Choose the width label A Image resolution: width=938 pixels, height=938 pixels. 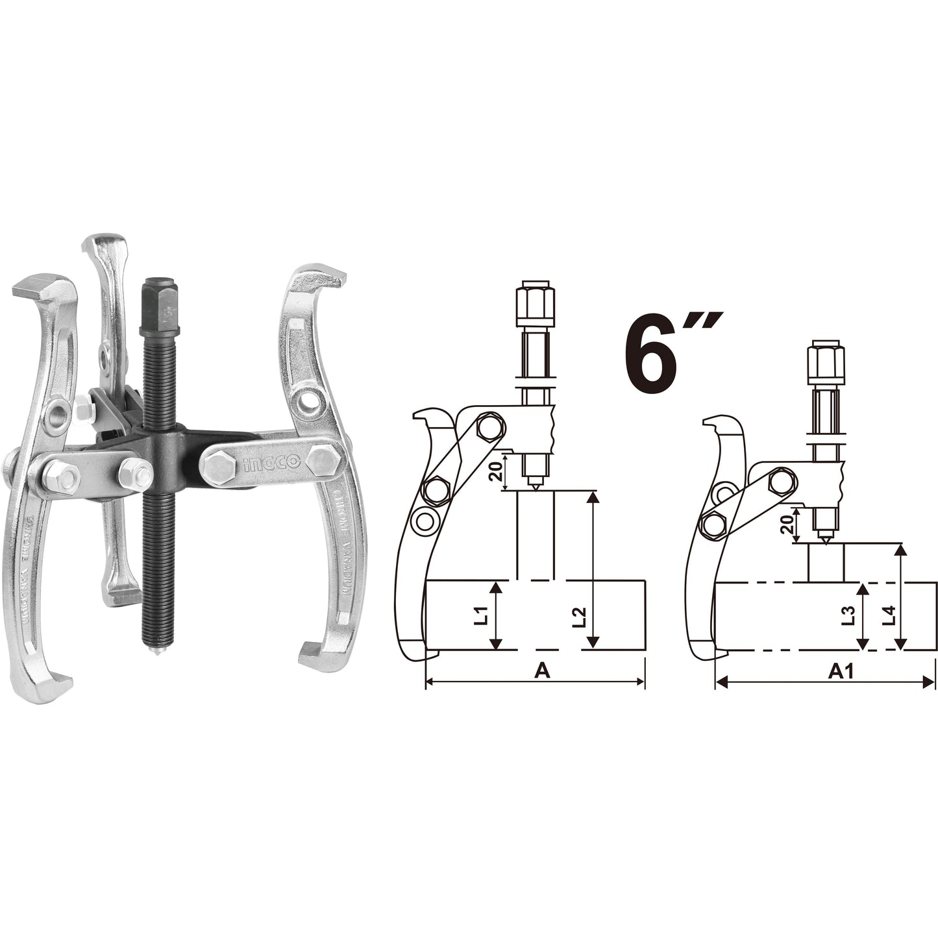[x=542, y=671]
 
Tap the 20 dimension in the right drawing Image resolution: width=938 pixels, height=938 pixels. [x=789, y=523]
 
